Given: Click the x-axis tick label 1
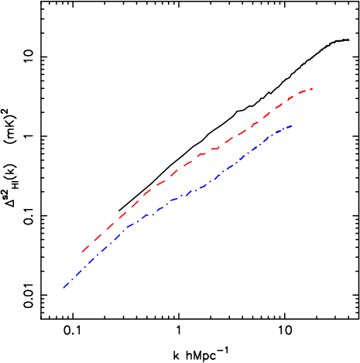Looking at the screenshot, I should tap(179, 329).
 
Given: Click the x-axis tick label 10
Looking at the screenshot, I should tap(285, 329).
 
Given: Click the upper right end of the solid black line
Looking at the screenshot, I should tap(349, 39).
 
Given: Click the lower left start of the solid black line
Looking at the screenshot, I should tap(119, 210).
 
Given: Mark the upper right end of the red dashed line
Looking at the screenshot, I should tap(312, 89).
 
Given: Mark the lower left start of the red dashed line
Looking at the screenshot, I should tap(81, 252).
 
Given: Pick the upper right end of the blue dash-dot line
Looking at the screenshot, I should tap(292, 126).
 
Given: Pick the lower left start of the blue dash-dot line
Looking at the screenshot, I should tap(63, 289).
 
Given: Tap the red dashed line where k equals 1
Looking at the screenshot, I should tap(179, 173).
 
